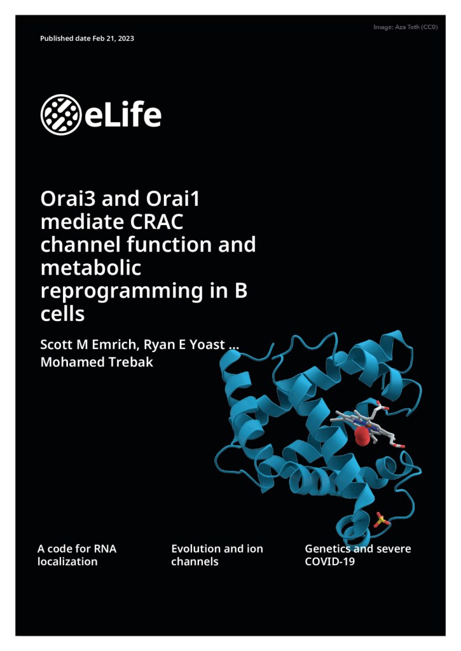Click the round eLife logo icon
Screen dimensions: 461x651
point(60,114)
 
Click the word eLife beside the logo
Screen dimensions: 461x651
point(123,114)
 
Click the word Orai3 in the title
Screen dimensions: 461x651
point(68,198)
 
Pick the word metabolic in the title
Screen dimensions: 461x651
point(90,268)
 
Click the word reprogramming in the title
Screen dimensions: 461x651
point(121,291)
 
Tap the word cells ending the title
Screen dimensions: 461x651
point(62,313)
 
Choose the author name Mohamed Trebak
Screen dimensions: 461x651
point(97,362)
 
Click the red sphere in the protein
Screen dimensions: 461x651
point(362,435)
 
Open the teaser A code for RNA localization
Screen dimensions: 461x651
point(77,555)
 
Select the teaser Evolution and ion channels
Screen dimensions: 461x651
point(217,555)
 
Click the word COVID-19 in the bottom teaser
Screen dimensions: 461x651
point(330,562)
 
